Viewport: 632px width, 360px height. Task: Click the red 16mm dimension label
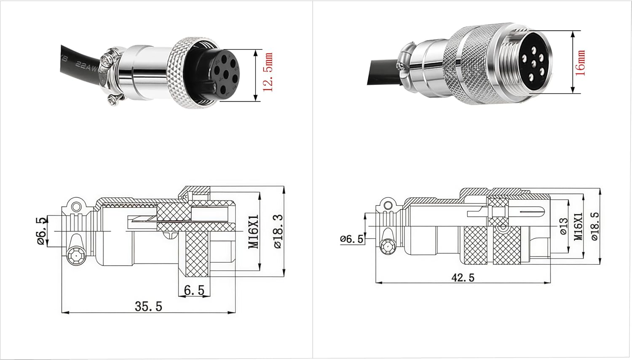(x=581, y=63)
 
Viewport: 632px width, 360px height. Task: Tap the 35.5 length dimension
(x=148, y=306)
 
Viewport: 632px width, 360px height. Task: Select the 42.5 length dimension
(x=462, y=277)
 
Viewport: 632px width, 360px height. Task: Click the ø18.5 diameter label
(x=595, y=226)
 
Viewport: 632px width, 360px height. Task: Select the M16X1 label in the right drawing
(x=578, y=226)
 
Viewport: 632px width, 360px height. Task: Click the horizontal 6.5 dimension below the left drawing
(x=194, y=290)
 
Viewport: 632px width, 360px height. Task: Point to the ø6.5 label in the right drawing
(x=352, y=239)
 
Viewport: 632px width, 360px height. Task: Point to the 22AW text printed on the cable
(x=86, y=68)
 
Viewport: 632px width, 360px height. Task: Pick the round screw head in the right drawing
(x=386, y=247)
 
